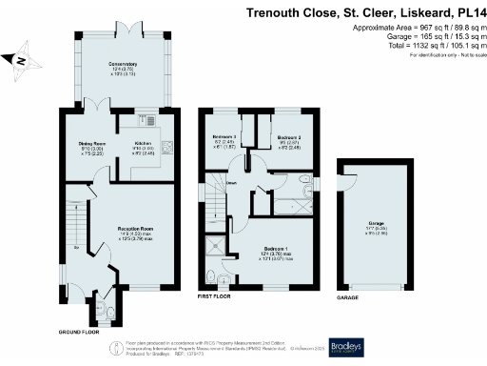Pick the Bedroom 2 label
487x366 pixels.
pos(289,138)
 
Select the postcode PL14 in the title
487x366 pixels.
pos(463,13)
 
